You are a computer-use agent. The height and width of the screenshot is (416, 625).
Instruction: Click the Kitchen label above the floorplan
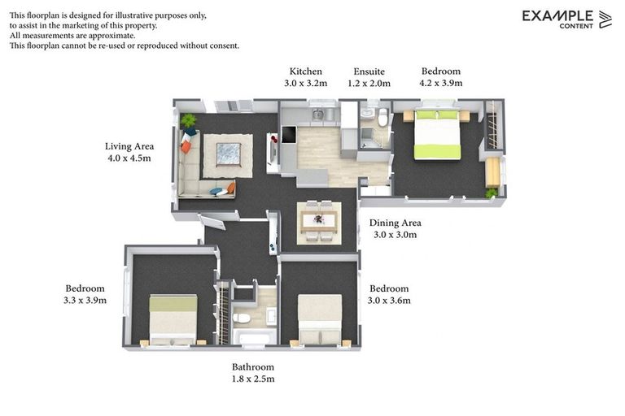pyautogui.click(x=305, y=71)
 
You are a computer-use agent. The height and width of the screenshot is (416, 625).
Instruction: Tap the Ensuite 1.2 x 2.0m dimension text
pyautogui.click(x=370, y=83)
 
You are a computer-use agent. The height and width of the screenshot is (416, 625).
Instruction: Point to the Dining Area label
pyautogui.click(x=395, y=223)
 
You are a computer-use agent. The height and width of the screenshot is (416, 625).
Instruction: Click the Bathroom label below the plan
pyautogui.click(x=253, y=367)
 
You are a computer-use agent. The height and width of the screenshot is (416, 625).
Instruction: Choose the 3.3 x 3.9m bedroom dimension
pyautogui.click(x=85, y=300)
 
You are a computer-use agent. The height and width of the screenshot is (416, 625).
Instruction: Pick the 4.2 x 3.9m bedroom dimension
pyautogui.click(x=440, y=83)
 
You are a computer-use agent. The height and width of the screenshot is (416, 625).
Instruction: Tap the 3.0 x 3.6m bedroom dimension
pyautogui.click(x=389, y=300)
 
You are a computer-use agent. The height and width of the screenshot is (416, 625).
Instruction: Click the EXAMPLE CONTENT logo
pyautogui.click(x=566, y=19)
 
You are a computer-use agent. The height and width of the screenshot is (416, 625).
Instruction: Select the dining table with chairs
pyautogui.click(x=318, y=220)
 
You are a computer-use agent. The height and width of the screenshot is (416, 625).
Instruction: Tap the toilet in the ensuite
pyautogui.click(x=382, y=118)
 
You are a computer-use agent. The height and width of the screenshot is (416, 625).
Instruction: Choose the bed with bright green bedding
pyautogui.click(x=438, y=134)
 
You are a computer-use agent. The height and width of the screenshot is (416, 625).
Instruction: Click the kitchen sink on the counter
pyautogui.click(x=317, y=115)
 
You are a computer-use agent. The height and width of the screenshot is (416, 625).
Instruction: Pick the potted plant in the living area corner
pyautogui.click(x=189, y=122)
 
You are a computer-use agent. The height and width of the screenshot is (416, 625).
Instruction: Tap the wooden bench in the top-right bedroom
pyautogui.click(x=492, y=171)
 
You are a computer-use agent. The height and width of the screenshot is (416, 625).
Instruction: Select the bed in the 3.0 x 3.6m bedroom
pyautogui.click(x=319, y=319)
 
